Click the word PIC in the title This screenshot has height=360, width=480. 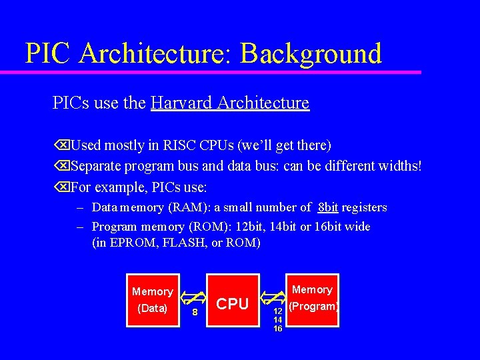(x=47, y=53)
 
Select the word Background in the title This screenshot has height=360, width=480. (x=311, y=53)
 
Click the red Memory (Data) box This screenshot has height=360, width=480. (x=153, y=300)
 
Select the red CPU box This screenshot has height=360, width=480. (x=233, y=301)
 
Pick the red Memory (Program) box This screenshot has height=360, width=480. (x=313, y=300)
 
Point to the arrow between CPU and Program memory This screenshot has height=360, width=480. (x=273, y=297)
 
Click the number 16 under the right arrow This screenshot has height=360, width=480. (x=278, y=328)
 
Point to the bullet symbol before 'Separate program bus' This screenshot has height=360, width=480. (x=61, y=165)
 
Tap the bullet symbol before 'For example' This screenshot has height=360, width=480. (x=61, y=185)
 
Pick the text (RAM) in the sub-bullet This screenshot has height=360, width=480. (x=185, y=207)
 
